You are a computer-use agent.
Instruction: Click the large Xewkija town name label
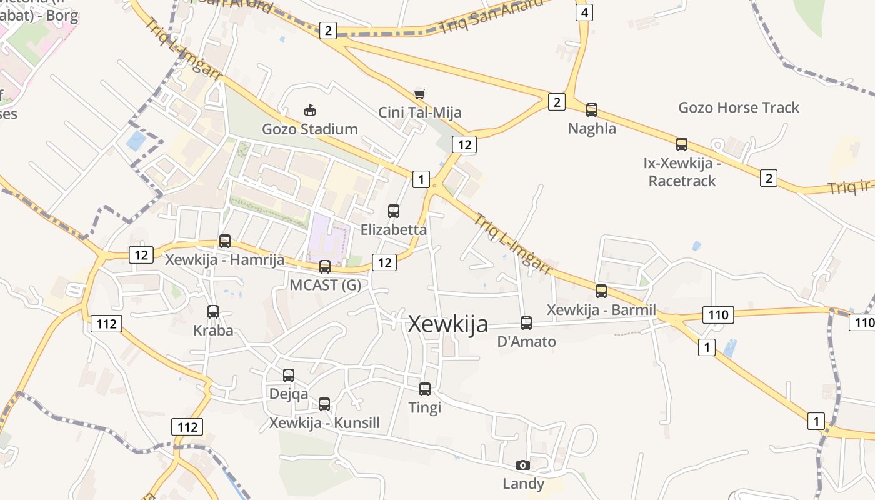click(x=447, y=324)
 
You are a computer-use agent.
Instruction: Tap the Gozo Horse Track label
click(x=739, y=107)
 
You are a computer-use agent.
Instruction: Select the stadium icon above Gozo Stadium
click(x=309, y=111)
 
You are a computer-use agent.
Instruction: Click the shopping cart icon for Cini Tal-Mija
click(x=420, y=94)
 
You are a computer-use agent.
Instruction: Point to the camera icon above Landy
click(x=523, y=465)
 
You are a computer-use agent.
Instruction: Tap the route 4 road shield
click(x=584, y=12)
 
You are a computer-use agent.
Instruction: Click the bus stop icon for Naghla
click(x=592, y=110)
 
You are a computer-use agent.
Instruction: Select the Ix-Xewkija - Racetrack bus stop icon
click(x=682, y=144)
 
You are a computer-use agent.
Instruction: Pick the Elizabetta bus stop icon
click(x=394, y=211)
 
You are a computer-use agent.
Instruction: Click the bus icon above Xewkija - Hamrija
click(x=225, y=241)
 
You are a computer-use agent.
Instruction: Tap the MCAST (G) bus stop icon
click(x=325, y=267)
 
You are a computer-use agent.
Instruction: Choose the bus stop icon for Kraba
click(x=213, y=312)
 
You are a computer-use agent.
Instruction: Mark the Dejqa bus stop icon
click(x=289, y=376)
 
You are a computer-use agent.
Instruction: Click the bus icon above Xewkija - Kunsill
click(x=324, y=404)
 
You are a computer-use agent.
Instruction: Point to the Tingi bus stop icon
click(x=425, y=389)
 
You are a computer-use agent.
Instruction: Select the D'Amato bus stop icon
click(x=526, y=323)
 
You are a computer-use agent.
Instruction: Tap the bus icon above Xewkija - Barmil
click(x=601, y=291)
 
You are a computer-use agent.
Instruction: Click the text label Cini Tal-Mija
click(x=420, y=112)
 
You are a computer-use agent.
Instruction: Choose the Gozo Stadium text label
click(x=310, y=129)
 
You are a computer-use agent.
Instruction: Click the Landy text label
click(x=524, y=484)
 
